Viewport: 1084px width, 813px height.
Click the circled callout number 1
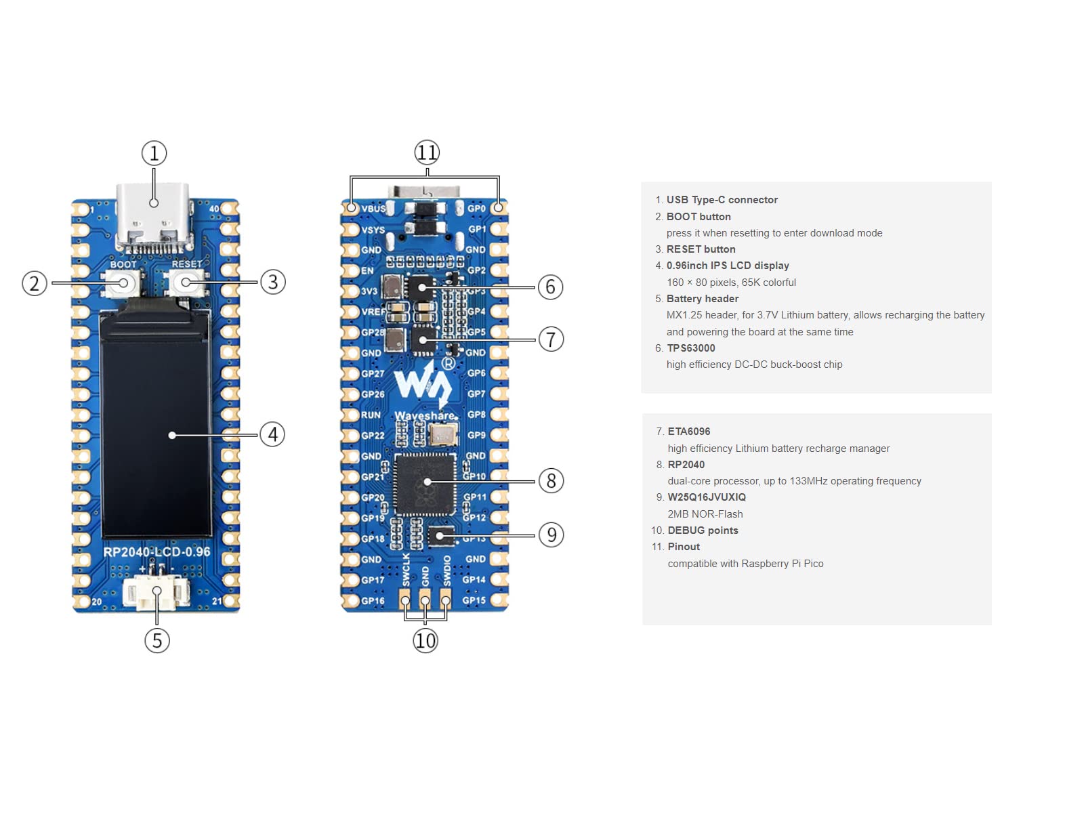[154, 153]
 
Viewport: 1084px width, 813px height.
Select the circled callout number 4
[272, 434]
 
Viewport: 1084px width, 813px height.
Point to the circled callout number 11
[427, 152]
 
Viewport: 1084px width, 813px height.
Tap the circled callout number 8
[551, 481]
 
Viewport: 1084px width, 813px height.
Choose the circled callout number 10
[425, 640]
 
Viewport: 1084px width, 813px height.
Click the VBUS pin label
[373, 209]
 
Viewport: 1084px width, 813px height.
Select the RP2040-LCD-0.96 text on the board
[157, 552]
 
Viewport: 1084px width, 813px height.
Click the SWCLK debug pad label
[406, 570]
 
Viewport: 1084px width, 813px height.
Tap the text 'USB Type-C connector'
[722, 200]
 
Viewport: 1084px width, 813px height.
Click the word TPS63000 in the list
[691, 348]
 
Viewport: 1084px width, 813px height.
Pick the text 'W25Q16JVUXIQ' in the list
[707, 497]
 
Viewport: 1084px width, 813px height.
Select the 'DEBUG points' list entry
[703, 530]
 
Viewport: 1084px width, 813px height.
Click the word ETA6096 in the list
[689, 432]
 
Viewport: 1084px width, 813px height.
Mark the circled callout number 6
[550, 287]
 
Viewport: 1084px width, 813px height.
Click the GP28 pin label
[373, 333]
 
